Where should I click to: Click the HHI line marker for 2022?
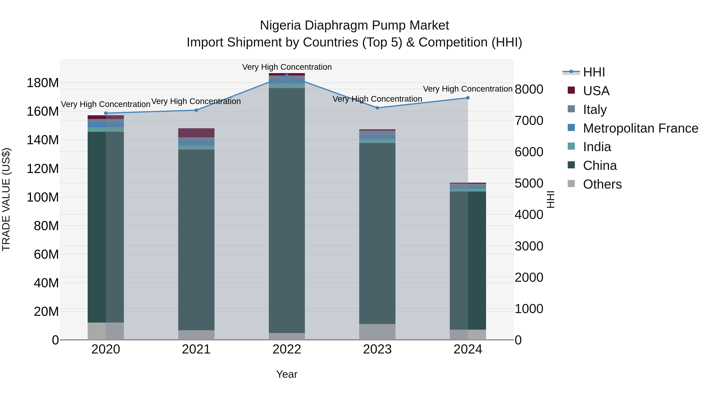(287, 75)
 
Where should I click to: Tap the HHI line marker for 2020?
(106, 113)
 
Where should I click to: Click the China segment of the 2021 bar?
(196, 240)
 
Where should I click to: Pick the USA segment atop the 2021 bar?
(196, 133)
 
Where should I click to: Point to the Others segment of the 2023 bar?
(377, 332)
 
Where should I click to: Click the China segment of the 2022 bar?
(287, 211)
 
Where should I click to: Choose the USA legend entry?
(596, 91)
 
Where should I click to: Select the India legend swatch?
(571, 146)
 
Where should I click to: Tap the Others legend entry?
(602, 184)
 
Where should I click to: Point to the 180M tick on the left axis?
(43, 83)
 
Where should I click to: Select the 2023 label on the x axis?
(377, 349)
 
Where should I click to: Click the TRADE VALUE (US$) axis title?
(6, 200)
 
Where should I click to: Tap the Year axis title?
(287, 374)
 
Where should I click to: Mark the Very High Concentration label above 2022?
(287, 67)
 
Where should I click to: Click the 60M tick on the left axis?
(46, 254)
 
